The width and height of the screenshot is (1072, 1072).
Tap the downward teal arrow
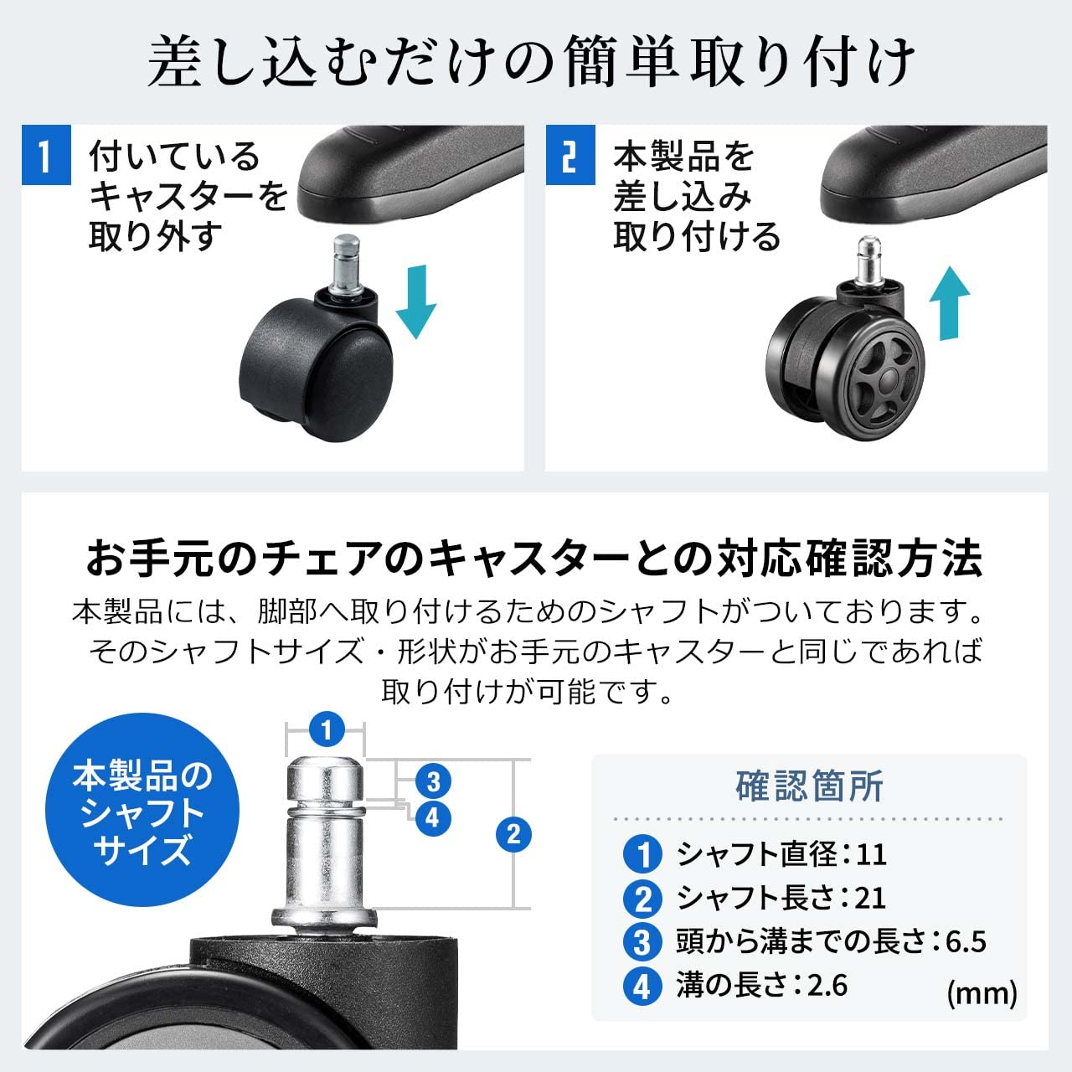(x=415, y=301)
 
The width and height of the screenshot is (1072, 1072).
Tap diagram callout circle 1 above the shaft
(x=326, y=730)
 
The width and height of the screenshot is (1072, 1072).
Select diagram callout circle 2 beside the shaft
(x=513, y=833)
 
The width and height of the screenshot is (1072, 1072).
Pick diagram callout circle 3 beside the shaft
(x=433, y=782)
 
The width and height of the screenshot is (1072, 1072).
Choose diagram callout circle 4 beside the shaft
(x=432, y=817)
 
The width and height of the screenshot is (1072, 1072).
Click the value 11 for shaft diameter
(x=871, y=854)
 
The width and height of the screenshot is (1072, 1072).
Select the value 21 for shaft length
(x=870, y=898)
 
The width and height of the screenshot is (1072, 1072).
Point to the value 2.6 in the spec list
(x=827, y=986)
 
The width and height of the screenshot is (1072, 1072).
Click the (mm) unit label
(x=982, y=993)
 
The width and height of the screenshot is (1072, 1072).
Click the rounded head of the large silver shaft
(x=326, y=777)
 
